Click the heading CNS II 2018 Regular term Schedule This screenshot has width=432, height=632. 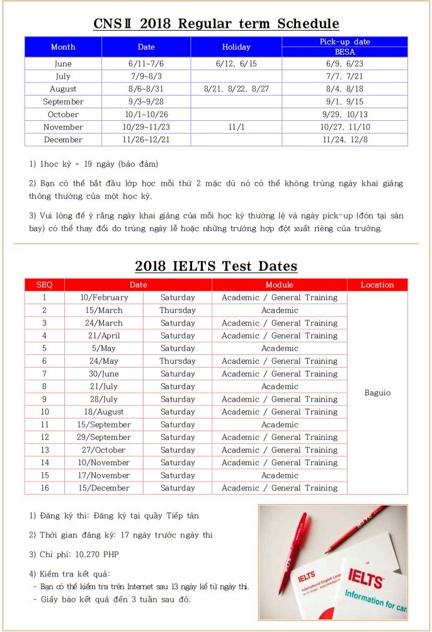pyautogui.click(x=216, y=24)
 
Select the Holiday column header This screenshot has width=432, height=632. pyautogui.click(x=236, y=47)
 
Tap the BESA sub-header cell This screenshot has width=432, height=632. pyautogui.click(x=344, y=52)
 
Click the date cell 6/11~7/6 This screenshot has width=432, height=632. pyautogui.click(x=145, y=64)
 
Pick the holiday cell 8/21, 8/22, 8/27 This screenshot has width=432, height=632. pyautogui.click(x=236, y=89)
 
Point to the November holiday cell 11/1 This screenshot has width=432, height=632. pyautogui.click(x=236, y=127)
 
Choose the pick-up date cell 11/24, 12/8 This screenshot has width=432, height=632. pyautogui.click(x=344, y=140)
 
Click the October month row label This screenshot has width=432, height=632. pyautogui.click(x=63, y=115)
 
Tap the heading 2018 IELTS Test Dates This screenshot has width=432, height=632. pyautogui.click(x=216, y=266)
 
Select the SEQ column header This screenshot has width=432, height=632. pyautogui.click(x=45, y=285)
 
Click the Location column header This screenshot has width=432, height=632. pyautogui.click(x=377, y=285)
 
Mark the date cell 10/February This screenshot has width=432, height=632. pyautogui.click(x=104, y=298)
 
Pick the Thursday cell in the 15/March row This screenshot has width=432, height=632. pyautogui.click(x=178, y=310)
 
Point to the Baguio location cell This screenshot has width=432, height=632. pyautogui.click(x=377, y=393)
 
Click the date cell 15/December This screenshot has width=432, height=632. pyautogui.click(x=104, y=488)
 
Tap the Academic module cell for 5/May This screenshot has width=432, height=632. pyautogui.click(x=280, y=348)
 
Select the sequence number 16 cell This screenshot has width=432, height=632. pyautogui.click(x=45, y=488)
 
